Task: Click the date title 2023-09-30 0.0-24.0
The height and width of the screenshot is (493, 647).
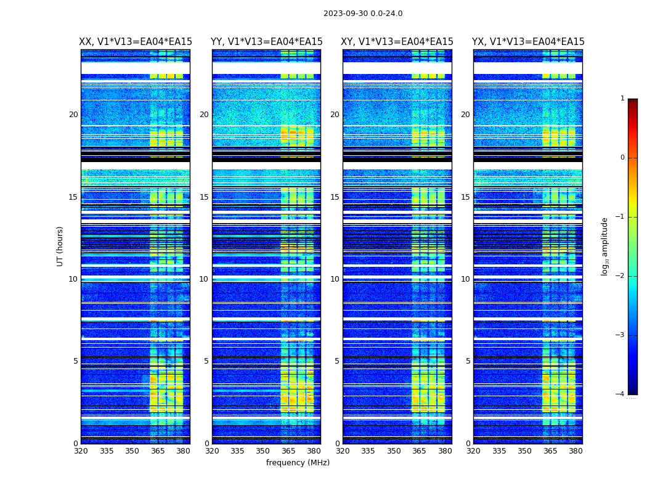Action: coord(363,14)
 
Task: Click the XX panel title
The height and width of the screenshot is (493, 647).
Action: coord(136,42)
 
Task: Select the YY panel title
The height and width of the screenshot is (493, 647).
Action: coord(266,42)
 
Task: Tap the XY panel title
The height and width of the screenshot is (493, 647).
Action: coord(397,42)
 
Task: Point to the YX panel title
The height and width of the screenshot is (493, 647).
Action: coord(528,42)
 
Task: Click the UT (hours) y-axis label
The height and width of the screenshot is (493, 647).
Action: coord(60,246)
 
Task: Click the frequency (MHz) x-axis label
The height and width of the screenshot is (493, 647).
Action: coord(298,463)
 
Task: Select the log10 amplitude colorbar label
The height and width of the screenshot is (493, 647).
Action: coord(605,246)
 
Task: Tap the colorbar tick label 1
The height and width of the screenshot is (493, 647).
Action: coord(622,99)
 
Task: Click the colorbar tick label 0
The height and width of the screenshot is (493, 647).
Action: coord(622,158)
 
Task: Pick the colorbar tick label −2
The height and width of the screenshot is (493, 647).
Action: coord(621,276)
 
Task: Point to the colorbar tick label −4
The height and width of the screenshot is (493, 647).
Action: coord(621,394)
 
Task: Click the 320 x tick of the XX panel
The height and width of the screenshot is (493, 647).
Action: coord(81,451)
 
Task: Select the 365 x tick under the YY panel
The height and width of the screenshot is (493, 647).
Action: coord(288,451)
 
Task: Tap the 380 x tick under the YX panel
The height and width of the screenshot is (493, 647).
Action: coord(576,451)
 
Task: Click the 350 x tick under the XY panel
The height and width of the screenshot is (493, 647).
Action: coord(394,451)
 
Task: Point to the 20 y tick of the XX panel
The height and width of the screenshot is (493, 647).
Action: coord(73,115)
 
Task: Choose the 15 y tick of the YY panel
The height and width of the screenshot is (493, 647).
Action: coord(204,197)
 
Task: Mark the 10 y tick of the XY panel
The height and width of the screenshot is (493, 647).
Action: coord(335,279)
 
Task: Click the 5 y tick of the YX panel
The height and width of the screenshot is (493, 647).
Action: coord(468,361)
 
